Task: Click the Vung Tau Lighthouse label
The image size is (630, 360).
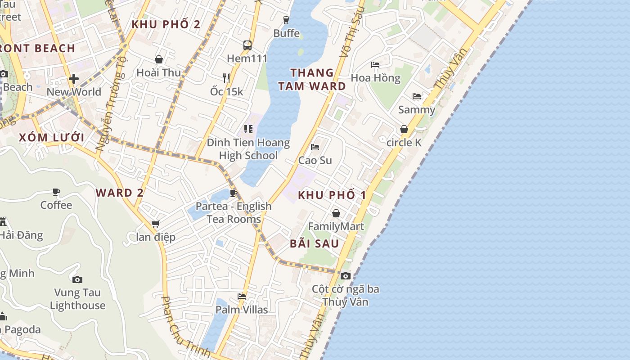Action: (77, 299)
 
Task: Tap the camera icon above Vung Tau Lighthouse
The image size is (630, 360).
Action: (77, 279)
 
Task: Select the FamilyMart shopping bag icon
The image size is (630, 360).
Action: (336, 213)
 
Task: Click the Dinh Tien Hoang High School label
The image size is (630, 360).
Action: (248, 149)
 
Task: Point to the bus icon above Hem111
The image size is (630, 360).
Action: (247, 45)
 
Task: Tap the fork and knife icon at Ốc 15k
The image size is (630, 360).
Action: (226, 78)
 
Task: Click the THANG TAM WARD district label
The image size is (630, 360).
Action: (312, 79)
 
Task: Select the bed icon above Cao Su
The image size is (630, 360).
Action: (315, 147)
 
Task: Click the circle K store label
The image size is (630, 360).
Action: (404, 142)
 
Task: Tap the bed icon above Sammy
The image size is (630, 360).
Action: (417, 96)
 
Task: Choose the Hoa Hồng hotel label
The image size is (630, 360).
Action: (375, 78)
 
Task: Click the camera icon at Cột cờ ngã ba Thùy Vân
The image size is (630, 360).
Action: (345, 276)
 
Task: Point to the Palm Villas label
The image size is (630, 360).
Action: (242, 310)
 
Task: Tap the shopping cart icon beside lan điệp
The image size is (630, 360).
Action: (156, 224)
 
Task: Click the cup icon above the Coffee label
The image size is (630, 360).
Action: (56, 192)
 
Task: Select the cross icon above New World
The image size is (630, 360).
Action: (74, 79)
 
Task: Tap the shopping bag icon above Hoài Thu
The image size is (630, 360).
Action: (159, 59)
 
